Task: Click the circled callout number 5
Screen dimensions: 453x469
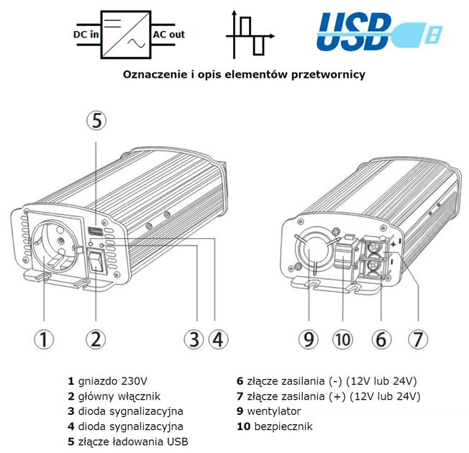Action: pyautogui.click(x=98, y=121)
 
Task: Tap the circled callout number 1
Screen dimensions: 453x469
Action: pyautogui.click(x=45, y=339)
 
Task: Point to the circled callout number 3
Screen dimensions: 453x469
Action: pyautogui.click(x=194, y=339)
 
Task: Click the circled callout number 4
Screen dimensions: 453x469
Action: pyautogui.click(x=219, y=339)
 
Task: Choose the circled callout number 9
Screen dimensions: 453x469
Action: pyautogui.click(x=309, y=339)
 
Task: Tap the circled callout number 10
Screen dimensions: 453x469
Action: pyautogui.click(x=343, y=339)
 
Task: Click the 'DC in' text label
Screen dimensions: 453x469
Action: pyautogui.click(x=86, y=33)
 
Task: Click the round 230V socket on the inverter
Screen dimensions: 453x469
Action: pyautogui.click(x=51, y=244)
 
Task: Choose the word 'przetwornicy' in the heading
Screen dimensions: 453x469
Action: pyautogui.click(x=331, y=74)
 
